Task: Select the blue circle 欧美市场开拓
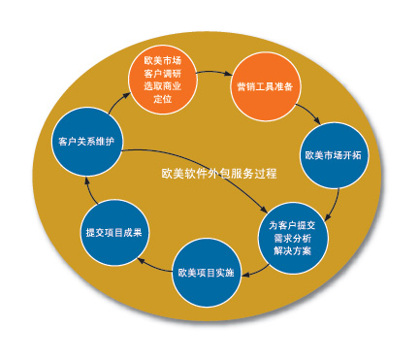coord(334,154)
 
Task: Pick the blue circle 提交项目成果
coord(113,233)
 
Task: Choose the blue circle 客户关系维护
coord(86,142)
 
